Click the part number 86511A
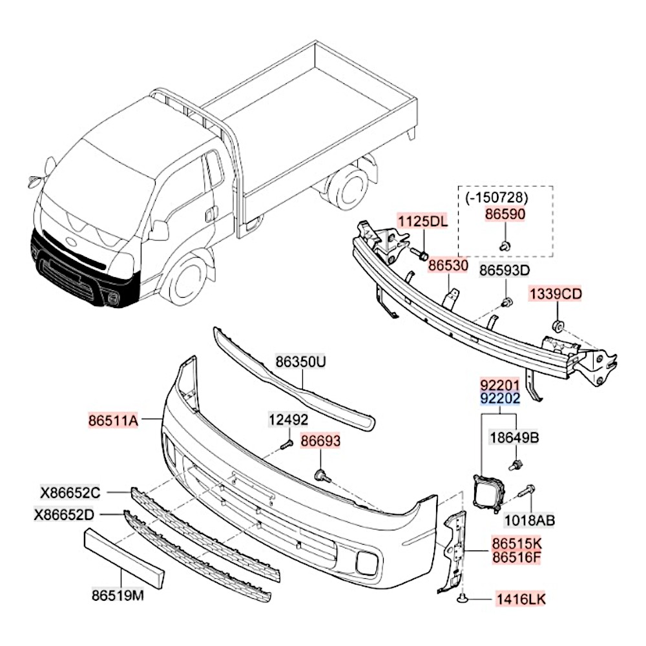[x=114, y=421]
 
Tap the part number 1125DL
[x=422, y=222]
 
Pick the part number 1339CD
[x=556, y=295]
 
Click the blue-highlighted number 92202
[x=499, y=399]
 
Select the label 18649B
[x=514, y=437]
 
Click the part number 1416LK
[x=521, y=599]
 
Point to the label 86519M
[x=117, y=596]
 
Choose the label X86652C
[x=71, y=494]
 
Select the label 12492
[x=288, y=421]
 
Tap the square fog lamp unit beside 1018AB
[x=488, y=493]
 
